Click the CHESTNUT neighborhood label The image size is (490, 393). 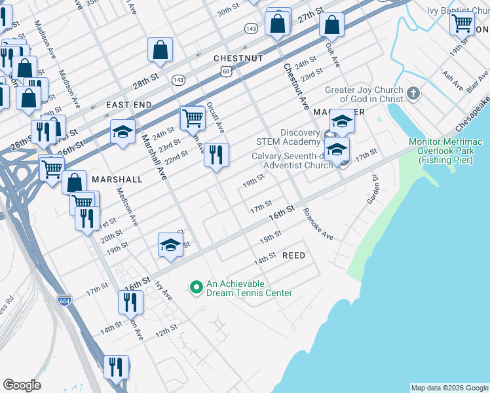[238, 58]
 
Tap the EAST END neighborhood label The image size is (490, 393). [129, 105]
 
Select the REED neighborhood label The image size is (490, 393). [293, 255]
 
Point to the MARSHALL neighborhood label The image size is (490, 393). [117, 179]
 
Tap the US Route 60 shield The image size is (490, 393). [225, 70]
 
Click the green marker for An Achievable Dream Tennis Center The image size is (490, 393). [195, 288]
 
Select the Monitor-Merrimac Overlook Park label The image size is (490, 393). [449, 148]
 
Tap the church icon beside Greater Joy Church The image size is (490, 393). [413, 94]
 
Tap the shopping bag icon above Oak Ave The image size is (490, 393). [332, 26]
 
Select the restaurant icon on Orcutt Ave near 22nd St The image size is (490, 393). [216, 155]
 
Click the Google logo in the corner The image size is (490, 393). [22, 385]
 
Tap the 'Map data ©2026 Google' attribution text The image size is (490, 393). [449, 388]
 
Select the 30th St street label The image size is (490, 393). [228, 11]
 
